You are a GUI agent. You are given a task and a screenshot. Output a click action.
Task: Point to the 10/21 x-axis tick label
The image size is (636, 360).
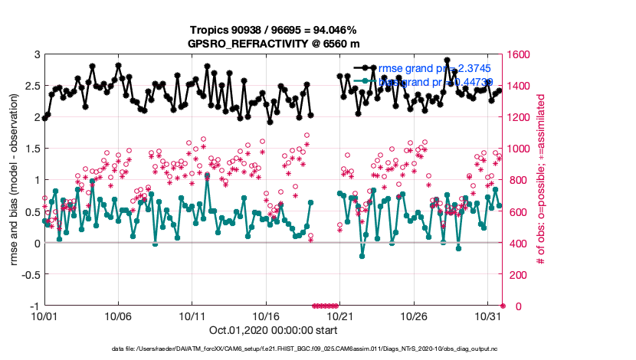tap(339, 315)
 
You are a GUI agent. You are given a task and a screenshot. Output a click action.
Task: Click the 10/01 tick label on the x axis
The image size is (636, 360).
tap(44, 315)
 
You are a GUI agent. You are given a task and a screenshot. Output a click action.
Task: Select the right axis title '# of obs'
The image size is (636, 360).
tap(541, 180)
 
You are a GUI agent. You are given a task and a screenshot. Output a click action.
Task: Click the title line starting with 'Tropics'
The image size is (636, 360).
tap(274, 30)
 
